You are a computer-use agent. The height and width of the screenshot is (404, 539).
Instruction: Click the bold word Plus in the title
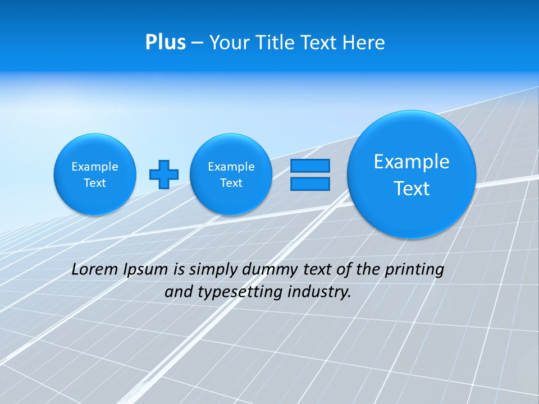(x=165, y=43)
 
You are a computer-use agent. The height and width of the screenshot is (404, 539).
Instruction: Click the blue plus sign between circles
(x=164, y=175)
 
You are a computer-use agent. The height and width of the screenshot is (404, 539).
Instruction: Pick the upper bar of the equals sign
(x=310, y=166)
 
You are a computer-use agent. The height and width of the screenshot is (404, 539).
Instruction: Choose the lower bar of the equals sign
(x=310, y=184)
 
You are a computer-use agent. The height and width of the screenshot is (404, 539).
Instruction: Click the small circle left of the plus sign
(x=95, y=175)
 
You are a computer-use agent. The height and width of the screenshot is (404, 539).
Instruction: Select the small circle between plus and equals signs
(x=231, y=175)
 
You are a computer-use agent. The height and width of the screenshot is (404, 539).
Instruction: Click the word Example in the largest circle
(x=412, y=162)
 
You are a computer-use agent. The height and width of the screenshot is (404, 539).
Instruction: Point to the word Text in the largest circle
(x=412, y=189)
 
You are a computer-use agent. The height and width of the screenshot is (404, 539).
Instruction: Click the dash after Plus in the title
(x=197, y=43)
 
